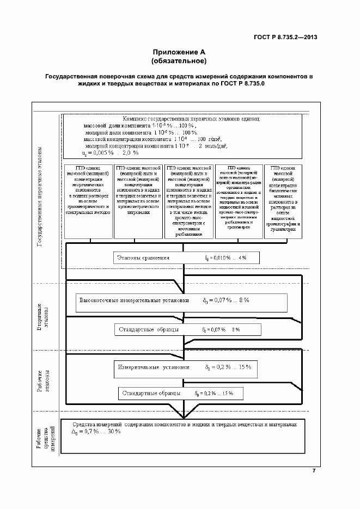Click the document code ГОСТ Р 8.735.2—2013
(285, 37)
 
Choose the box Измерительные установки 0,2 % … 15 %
(184, 367)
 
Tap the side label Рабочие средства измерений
(47, 436)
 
